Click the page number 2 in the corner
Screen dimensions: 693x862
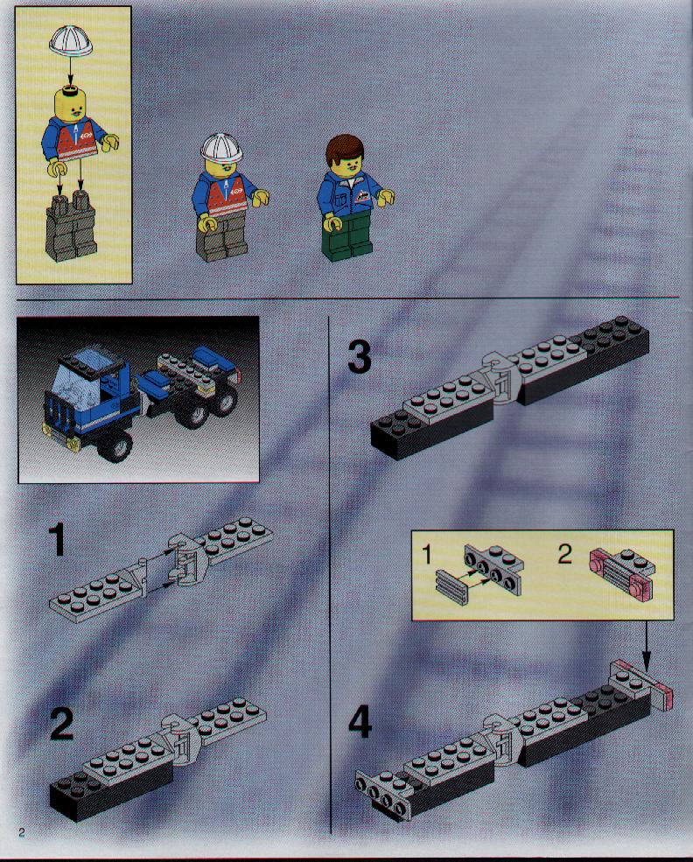click(x=22, y=831)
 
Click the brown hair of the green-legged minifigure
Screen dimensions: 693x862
click(x=345, y=149)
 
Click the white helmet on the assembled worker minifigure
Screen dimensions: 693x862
click(x=221, y=147)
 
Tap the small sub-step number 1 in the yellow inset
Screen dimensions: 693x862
click(x=426, y=555)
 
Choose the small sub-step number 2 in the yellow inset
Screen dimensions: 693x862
click(x=564, y=554)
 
